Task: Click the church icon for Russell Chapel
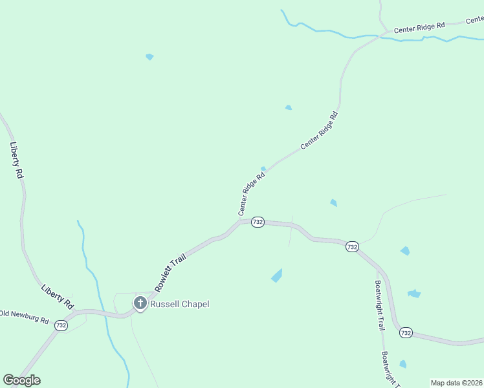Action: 140,303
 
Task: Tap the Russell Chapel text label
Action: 180,304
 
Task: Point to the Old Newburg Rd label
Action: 25,320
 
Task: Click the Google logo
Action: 21,380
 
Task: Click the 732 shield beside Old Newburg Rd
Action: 61,325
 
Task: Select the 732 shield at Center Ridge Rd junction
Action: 258,222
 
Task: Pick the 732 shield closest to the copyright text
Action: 406,333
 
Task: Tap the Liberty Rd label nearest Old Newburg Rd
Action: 57,296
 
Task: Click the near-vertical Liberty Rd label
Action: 17,160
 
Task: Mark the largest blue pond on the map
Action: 277,275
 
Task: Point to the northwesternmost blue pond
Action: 149,57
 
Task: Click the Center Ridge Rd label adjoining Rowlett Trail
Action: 252,193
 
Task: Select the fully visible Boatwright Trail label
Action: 379,305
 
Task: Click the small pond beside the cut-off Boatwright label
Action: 403,364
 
